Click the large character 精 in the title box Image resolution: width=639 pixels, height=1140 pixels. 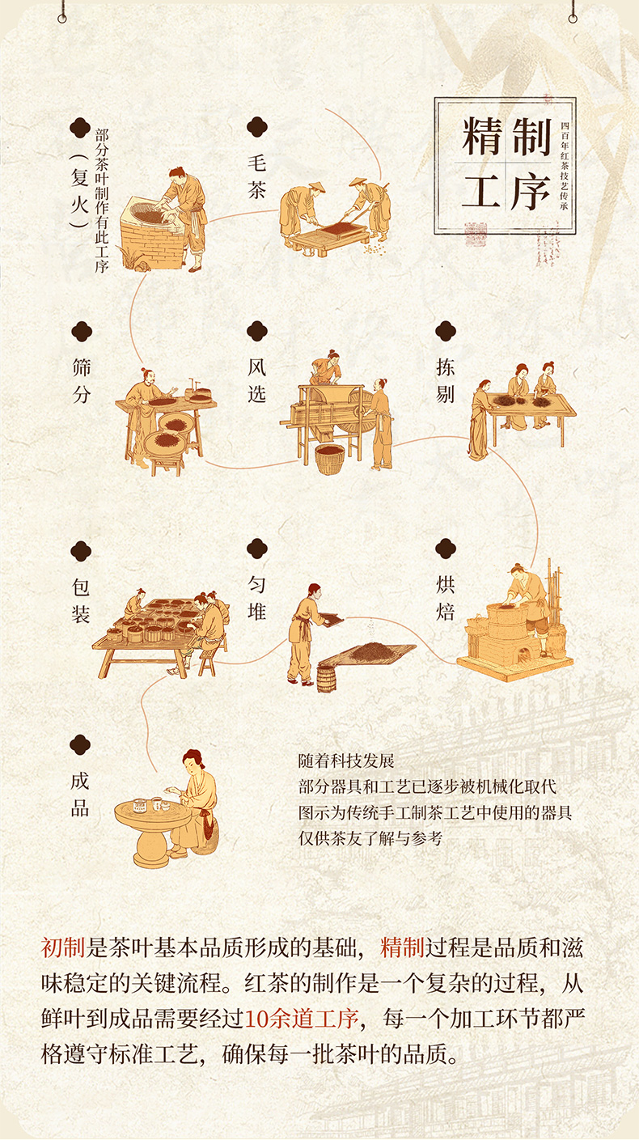[482, 137]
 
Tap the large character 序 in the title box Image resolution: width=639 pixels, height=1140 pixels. [531, 192]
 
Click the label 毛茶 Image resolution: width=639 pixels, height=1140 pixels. [257, 176]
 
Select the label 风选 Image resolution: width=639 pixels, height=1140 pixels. [257, 380]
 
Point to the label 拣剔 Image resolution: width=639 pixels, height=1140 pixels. [445, 380]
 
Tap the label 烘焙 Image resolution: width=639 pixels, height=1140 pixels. [445, 598]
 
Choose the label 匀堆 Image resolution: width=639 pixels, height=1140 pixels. [257, 598]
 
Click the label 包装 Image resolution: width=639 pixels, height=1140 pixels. [81, 601]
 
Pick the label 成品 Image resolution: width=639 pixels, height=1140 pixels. [80, 795]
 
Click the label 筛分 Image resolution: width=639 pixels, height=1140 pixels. [82, 380]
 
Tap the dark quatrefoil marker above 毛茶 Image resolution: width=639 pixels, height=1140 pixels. [257, 127]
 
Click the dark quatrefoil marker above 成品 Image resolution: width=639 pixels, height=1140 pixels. [80, 745]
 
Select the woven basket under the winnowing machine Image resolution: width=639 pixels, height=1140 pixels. [330, 459]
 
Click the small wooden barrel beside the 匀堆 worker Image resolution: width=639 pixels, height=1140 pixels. [327, 679]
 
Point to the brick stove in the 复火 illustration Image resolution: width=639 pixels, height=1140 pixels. [151, 233]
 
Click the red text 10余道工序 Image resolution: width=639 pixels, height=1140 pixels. [302, 1018]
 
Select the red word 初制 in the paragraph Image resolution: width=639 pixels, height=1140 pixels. [62, 947]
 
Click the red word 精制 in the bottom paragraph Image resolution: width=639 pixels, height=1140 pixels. [402, 947]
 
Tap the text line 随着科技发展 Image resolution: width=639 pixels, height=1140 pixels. [346, 761]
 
